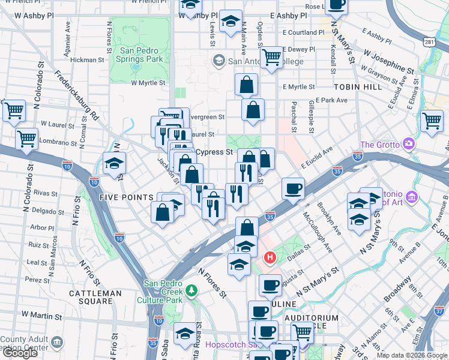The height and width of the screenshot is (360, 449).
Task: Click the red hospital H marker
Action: (x=270, y=258)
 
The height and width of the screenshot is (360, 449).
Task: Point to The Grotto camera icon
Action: (x=409, y=144)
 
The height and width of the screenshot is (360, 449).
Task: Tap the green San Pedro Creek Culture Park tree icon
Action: (x=191, y=290)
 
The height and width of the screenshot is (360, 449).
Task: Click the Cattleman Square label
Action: (x=95, y=293)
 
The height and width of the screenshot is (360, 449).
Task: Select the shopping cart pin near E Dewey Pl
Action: (x=272, y=58)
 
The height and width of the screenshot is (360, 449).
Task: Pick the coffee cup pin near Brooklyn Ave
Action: (x=294, y=188)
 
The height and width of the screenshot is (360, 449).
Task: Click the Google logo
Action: (x=20, y=353)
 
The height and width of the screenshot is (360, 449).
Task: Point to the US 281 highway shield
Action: (x=429, y=42)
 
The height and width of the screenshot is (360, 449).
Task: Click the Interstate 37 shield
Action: (x=441, y=311)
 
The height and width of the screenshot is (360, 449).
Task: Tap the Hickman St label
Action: (x=88, y=60)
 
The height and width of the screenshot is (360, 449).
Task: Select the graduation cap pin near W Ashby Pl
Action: (x=231, y=21)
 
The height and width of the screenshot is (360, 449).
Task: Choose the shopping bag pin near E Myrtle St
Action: (x=247, y=85)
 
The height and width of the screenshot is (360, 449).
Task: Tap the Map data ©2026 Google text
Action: (x=411, y=355)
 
